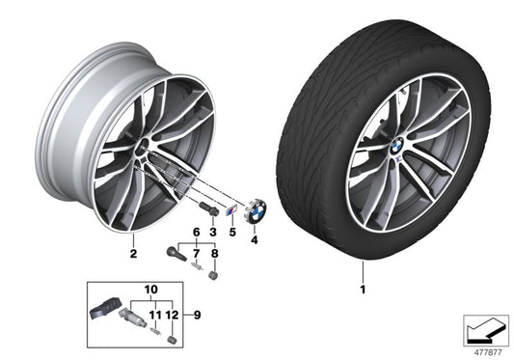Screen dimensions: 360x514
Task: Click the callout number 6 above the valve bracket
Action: (x=198, y=233)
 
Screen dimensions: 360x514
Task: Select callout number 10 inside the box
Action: (x=149, y=289)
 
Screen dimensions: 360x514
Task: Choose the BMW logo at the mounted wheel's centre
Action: (x=397, y=142)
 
